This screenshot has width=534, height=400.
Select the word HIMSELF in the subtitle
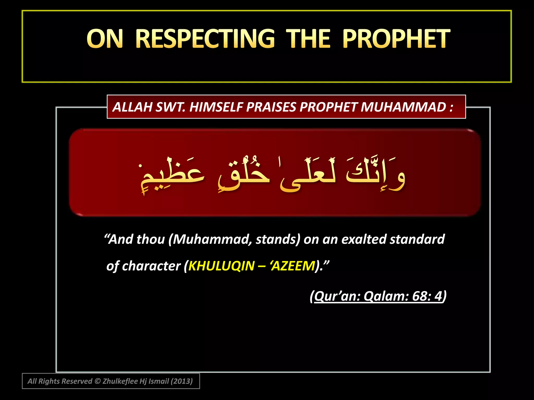(x=216, y=107)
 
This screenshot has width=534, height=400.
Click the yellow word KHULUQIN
(x=221, y=266)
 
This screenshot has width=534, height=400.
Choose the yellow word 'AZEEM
(x=293, y=266)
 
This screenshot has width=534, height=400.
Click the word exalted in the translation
(x=364, y=239)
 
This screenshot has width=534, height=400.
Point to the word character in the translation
(x=151, y=266)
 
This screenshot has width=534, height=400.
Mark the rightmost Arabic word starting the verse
(x=375, y=174)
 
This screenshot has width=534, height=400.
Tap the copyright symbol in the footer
(x=97, y=381)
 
